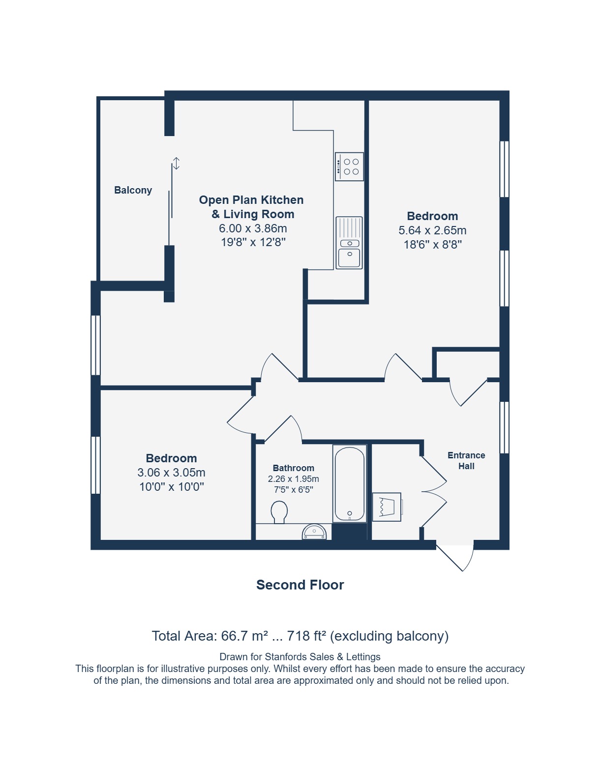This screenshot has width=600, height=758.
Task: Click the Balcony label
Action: [133, 190]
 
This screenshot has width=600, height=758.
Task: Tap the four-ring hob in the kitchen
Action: [349, 167]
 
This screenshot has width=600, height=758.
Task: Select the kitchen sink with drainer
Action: [349, 243]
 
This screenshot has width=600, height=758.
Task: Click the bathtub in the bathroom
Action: [350, 483]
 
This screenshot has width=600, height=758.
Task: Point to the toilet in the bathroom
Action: [279, 512]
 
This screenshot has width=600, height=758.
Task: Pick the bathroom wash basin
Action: [314, 532]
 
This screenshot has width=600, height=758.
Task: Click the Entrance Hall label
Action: [466, 461]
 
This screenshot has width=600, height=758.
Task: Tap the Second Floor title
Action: [300, 585]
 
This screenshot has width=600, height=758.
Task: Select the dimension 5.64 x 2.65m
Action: [432, 230]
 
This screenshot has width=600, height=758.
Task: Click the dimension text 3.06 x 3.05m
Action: [172, 473]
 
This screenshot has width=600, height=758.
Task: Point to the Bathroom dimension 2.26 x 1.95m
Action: [294, 479]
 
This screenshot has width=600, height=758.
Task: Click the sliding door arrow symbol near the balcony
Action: [176, 163]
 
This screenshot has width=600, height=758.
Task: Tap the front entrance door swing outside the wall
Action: [455, 558]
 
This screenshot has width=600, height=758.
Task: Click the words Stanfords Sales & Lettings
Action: [323, 657]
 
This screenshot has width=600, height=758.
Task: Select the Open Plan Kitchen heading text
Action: [251, 200]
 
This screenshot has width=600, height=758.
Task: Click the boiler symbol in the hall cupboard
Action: [387, 507]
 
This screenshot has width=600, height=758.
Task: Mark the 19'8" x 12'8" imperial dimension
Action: [253, 242]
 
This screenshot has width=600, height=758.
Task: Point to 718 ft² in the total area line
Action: [306, 636]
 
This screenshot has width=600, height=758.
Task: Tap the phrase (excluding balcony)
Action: [390, 637]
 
